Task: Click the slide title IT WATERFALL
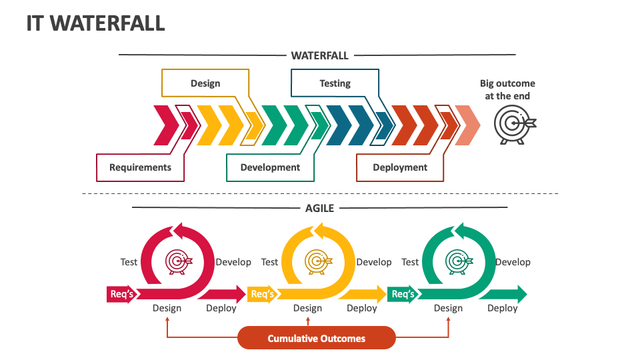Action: pyautogui.click(x=95, y=23)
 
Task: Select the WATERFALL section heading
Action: pyautogui.click(x=319, y=55)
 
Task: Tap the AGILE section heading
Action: pyautogui.click(x=319, y=207)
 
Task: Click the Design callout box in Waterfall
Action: pyautogui.click(x=205, y=83)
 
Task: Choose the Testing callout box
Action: pyautogui.click(x=335, y=83)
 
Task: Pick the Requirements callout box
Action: pyautogui.click(x=140, y=167)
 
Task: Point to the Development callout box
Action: pyautogui.click(x=270, y=167)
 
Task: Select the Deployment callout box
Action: pyautogui.click(x=400, y=167)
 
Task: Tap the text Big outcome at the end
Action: pyautogui.click(x=507, y=89)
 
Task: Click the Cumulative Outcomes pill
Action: pyautogui.click(x=317, y=338)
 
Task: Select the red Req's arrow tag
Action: pyautogui.click(x=121, y=294)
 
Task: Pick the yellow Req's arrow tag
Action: pyautogui.click(x=262, y=294)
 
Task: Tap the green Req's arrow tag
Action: pyautogui.click(x=403, y=294)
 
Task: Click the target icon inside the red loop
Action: pyautogui.click(x=178, y=261)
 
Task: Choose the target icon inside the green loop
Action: pyautogui.click(x=459, y=261)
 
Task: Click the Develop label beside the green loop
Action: pyautogui.click(x=513, y=262)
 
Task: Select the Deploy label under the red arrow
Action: pyautogui.click(x=221, y=308)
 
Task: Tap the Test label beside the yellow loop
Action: pyautogui.click(x=269, y=262)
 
